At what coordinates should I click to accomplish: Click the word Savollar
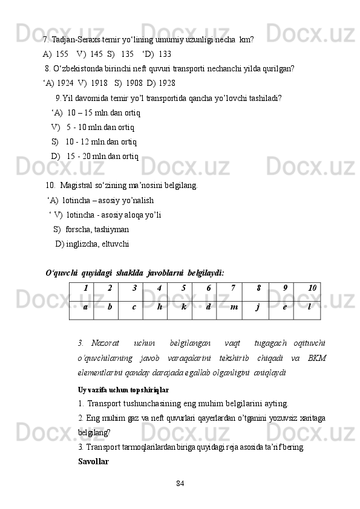coord(93,461)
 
